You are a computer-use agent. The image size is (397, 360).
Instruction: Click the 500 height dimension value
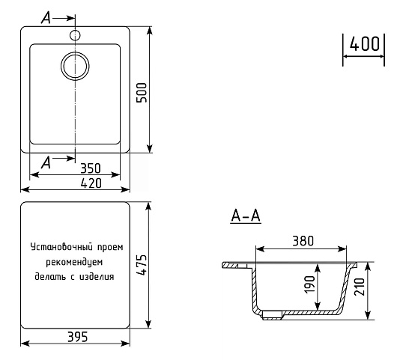pos(142,93)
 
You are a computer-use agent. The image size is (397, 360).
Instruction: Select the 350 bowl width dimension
pos(91,168)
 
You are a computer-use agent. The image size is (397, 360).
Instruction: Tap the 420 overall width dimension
pos(91,183)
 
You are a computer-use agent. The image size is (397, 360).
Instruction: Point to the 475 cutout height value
pos(142,265)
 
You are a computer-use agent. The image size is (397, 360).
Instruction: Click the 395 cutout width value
pos(78,337)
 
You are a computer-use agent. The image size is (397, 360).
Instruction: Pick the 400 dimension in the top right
pos(365,43)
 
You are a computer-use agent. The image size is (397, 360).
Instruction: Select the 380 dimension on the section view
pos(303,241)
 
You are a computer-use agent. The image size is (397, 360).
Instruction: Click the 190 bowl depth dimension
pos(309,284)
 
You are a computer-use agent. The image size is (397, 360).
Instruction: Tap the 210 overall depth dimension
pos(360,287)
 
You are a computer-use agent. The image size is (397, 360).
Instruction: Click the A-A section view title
pos(246,216)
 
